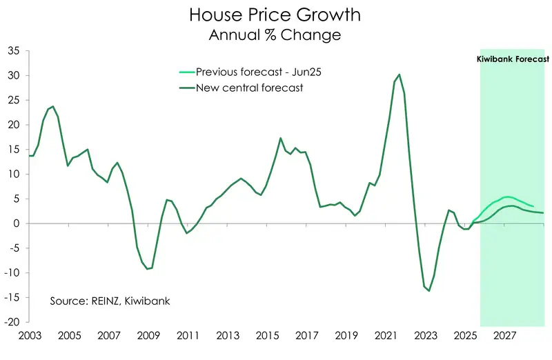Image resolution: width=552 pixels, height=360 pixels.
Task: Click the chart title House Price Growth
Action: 275,14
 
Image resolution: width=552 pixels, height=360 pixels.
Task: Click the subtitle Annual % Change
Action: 275,34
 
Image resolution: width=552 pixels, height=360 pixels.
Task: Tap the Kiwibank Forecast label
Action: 513,60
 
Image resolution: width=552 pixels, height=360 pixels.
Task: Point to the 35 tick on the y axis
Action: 14,50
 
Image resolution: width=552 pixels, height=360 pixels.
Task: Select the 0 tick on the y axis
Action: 17,223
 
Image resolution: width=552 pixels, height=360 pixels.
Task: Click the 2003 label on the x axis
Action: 29,335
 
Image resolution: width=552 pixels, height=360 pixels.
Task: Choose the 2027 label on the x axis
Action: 505,335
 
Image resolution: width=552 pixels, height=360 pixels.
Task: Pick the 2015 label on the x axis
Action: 267,335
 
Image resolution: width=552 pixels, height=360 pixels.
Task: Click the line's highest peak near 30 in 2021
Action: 400,74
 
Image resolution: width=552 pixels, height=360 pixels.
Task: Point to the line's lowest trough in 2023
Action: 428,290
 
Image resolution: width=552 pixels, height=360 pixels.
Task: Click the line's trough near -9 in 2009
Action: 147,269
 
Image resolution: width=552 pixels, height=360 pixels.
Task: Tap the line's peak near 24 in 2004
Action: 53,107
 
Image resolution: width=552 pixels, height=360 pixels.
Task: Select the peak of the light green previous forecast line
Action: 507,197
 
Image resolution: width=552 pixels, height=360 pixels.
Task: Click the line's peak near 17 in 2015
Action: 281,138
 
